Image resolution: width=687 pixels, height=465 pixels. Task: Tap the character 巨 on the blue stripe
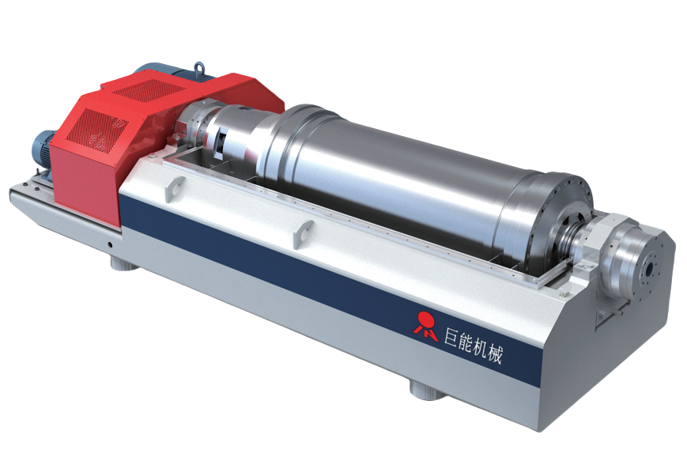click(452, 337)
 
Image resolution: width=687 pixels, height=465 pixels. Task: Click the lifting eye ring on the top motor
click(199, 68)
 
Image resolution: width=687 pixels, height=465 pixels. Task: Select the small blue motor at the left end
click(42, 150)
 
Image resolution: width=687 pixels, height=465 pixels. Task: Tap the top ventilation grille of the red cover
click(148, 90)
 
